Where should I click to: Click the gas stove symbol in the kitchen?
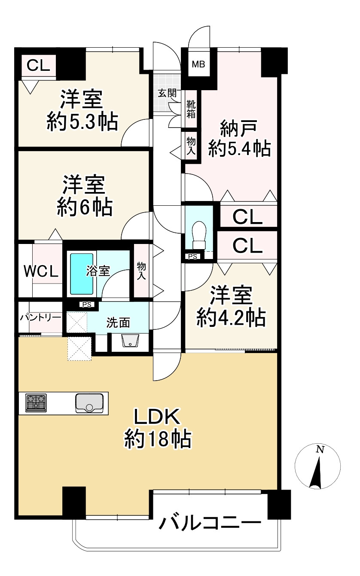[36, 403]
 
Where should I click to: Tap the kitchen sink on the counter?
[89, 403]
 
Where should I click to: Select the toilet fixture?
[198, 235]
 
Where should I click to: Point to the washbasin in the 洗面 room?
[130, 341]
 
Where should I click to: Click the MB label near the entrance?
[198, 64]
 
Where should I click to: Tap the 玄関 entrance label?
[167, 93]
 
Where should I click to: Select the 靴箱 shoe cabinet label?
[190, 109]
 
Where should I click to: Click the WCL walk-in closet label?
[40, 271]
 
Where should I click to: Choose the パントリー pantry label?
[40, 317]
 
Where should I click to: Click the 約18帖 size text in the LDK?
[158, 439]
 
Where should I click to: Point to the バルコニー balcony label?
[211, 523]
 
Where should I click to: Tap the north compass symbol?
[318, 466]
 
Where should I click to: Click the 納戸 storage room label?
[239, 128]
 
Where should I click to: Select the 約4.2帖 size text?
[231, 318]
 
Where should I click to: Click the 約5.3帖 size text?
[82, 122]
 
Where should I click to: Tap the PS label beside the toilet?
[192, 256]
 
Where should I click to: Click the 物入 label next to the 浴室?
[141, 271]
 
